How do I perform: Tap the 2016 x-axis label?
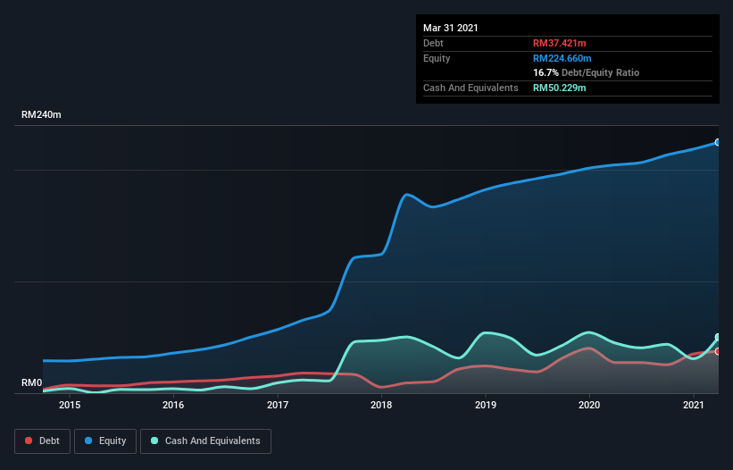[x=173, y=405]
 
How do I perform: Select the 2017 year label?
[x=278, y=405]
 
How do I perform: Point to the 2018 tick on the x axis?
[x=381, y=405]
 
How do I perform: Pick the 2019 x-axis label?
[x=486, y=405]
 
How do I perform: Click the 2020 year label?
[x=589, y=405]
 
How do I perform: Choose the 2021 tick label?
[x=694, y=405]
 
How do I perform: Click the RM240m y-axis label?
[x=41, y=114]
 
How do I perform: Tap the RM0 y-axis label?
[x=32, y=382]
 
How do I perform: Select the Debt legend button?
[x=42, y=441]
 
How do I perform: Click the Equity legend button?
[x=105, y=441]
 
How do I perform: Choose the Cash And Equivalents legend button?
[x=205, y=441]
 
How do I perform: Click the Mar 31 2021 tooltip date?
[x=451, y=28]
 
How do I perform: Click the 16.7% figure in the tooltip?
[x=546, y=72]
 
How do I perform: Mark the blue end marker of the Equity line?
[x=717, y=142]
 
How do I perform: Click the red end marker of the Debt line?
[x=717, y=352]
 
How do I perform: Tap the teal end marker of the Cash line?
[x=717, y=337]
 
